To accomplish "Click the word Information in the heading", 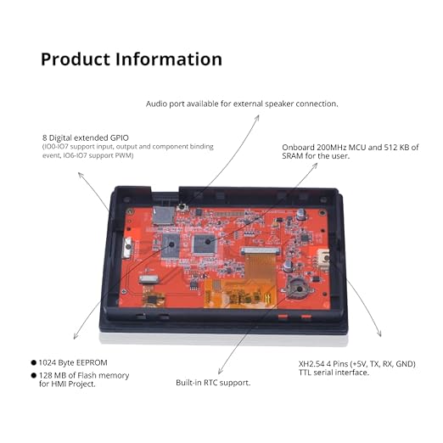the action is [169, 59].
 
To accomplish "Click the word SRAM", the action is [293, 156].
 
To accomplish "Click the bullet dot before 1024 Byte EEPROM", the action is [34, 362].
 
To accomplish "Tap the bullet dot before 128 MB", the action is [34, 375].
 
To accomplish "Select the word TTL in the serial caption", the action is [305, 373].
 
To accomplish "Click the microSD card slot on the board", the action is [164, 215].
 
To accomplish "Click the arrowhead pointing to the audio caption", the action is [257, 118].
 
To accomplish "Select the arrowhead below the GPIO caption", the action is [80, 174].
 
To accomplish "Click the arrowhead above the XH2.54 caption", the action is [379, 334].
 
